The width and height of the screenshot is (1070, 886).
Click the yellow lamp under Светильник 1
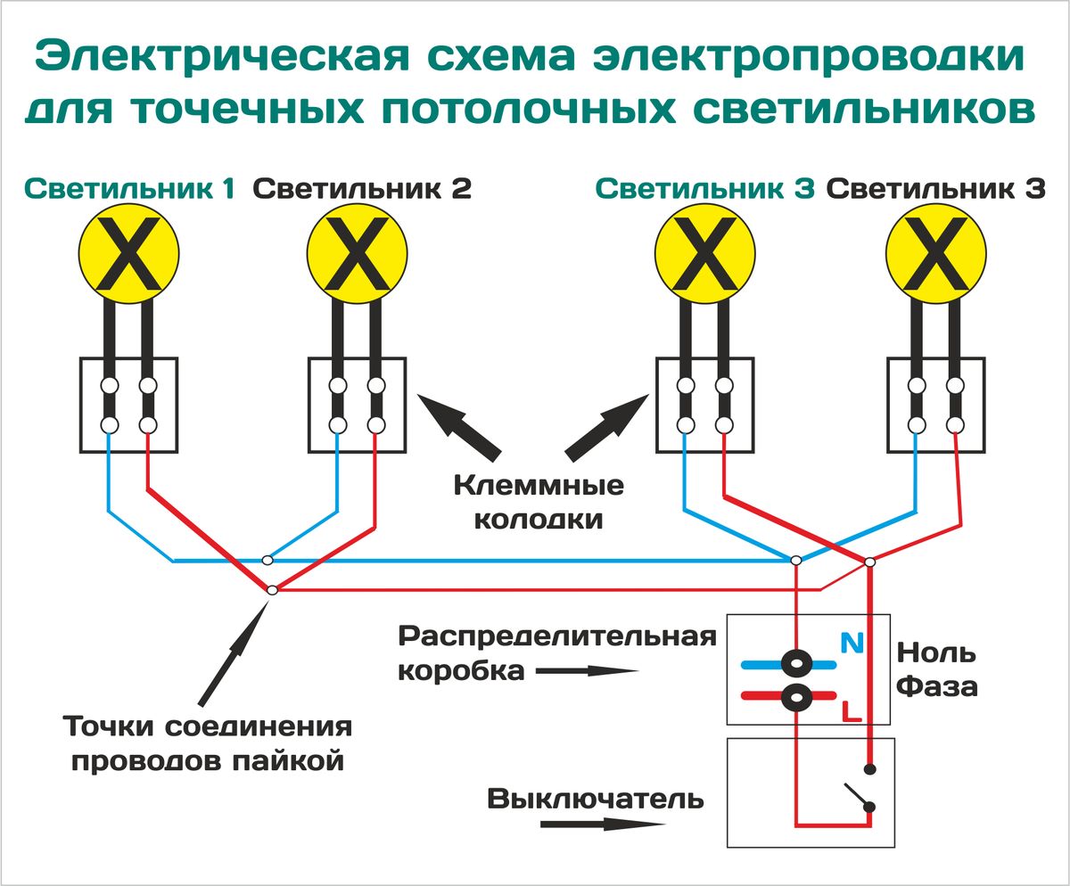[128, 254]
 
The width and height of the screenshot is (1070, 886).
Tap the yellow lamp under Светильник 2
[358, 254]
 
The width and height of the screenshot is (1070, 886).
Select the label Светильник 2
[362, 189]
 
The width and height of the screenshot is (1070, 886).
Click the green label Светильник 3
[704, 189]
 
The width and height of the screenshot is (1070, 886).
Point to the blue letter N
[852, 643]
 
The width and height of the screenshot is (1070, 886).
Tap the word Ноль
[935, 652]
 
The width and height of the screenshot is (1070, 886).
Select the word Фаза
[937, 686]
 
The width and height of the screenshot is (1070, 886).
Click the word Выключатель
[596, 799]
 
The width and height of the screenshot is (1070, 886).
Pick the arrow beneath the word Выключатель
[603, 824]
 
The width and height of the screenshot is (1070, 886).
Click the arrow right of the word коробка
[588, 671]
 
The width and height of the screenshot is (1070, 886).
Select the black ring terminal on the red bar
[796, 697]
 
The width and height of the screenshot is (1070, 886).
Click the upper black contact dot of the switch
[869, 768]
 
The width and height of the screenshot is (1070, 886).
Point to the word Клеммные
[539, 485]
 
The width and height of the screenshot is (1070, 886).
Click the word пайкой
[287, 760]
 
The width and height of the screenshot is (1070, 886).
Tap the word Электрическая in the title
[222, 56]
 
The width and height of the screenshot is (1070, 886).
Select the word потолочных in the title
[529, 109]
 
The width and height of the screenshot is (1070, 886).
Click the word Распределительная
[557, 636]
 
